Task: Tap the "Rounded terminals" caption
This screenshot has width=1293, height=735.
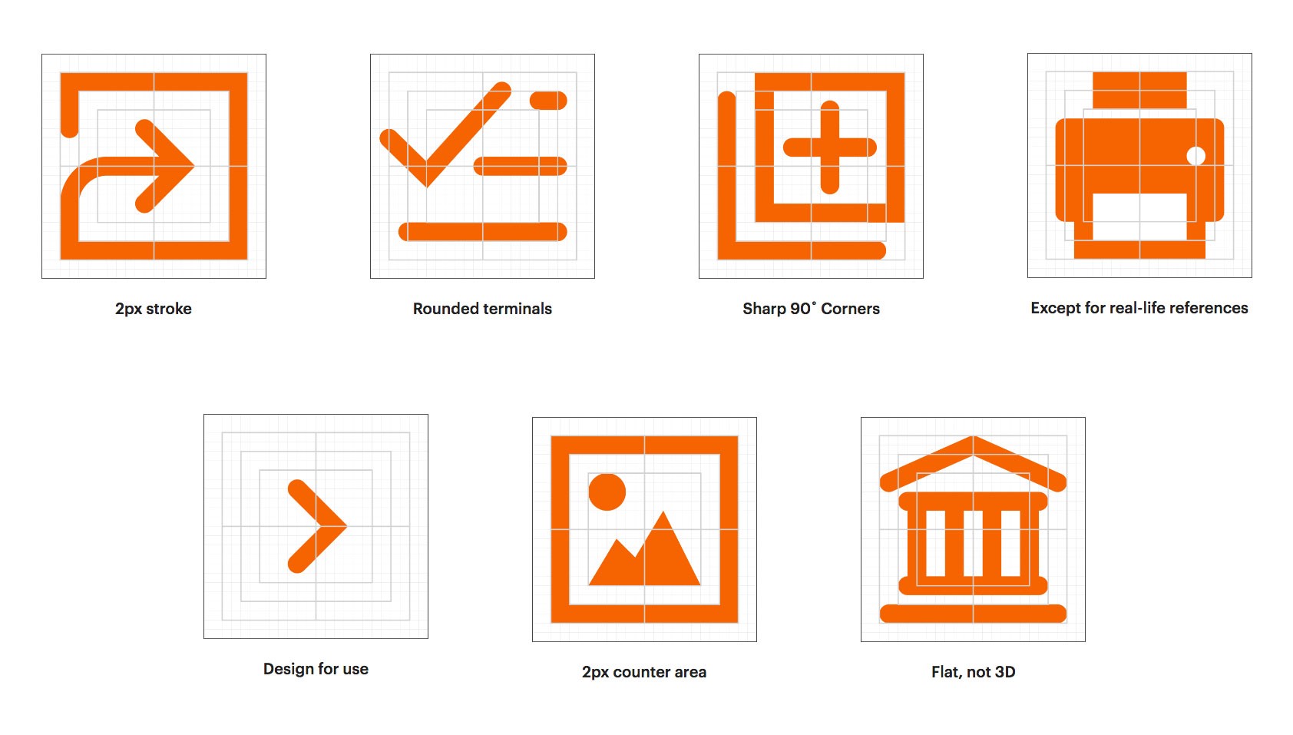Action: (482, 309)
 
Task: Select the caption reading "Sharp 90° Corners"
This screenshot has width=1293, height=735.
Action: (811, 309)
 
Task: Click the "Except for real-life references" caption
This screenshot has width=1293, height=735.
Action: (1139, 308)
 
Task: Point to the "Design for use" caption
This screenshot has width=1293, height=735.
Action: (316, 669)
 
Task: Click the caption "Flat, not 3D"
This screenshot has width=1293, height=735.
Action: (974, 672)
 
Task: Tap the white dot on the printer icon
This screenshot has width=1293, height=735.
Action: (1196, 156)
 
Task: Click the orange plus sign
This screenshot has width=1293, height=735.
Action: (829, 147)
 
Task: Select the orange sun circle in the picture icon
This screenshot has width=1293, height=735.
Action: (607, 492)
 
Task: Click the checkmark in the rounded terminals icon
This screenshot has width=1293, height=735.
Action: (445, 134)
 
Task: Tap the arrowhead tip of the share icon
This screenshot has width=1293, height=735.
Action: (194, 167)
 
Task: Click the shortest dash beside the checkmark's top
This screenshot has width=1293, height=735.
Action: (548, 101)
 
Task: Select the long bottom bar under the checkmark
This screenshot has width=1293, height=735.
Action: (482, 231)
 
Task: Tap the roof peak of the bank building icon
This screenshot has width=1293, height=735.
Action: (974, 438)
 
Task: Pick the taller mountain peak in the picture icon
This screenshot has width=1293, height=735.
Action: (663, 512)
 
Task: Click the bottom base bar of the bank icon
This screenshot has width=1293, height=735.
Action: (974, 613)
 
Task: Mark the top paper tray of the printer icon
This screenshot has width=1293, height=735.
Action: (1139, 90)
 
